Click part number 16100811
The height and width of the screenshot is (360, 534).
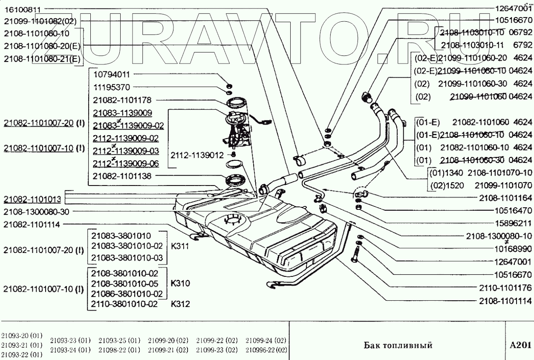[23, 10]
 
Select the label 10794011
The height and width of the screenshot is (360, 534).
[112, 75]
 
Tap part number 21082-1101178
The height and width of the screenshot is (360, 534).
[122, 100]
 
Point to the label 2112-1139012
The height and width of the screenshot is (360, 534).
[197, 155]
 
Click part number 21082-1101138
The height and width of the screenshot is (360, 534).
[122, 176]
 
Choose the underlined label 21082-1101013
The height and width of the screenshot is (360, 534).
[32, 199]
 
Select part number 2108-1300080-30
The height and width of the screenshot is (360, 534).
[36, 212]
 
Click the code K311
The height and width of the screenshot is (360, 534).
[180, 246]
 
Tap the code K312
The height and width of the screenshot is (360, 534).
[180, 304]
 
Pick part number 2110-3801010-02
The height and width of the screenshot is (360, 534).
[124, 304]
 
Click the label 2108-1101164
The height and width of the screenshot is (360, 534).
[505, 198]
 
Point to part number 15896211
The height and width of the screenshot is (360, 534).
[513, 224]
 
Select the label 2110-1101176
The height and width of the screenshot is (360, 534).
[505, 288]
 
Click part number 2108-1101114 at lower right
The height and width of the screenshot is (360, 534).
[505, 301]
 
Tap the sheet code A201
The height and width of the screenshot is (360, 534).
[520, 345]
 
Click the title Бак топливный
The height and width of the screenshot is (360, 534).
[398, 345]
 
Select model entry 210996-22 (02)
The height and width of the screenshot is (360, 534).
[266, 350]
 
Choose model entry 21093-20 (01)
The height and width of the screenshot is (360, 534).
[22, 336]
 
